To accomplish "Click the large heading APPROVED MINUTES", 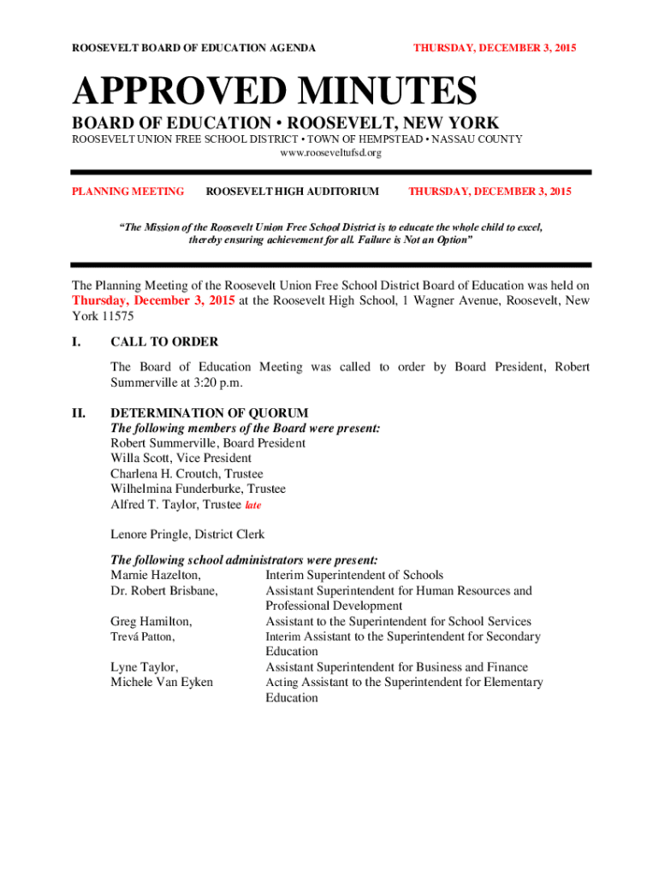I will [275, 93].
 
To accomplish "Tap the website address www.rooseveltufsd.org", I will [330, 152].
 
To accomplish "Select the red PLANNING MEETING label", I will [128, 192].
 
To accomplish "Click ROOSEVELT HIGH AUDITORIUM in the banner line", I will [293, 192].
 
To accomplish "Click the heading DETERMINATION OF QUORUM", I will [210, 413].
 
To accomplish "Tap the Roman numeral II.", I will [79, 413].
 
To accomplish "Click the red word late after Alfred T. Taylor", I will [252, 506].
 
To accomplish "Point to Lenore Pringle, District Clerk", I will [187, 535].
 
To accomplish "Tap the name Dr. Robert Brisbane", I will [163, 591].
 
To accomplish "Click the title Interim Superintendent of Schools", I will [354, 576].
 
